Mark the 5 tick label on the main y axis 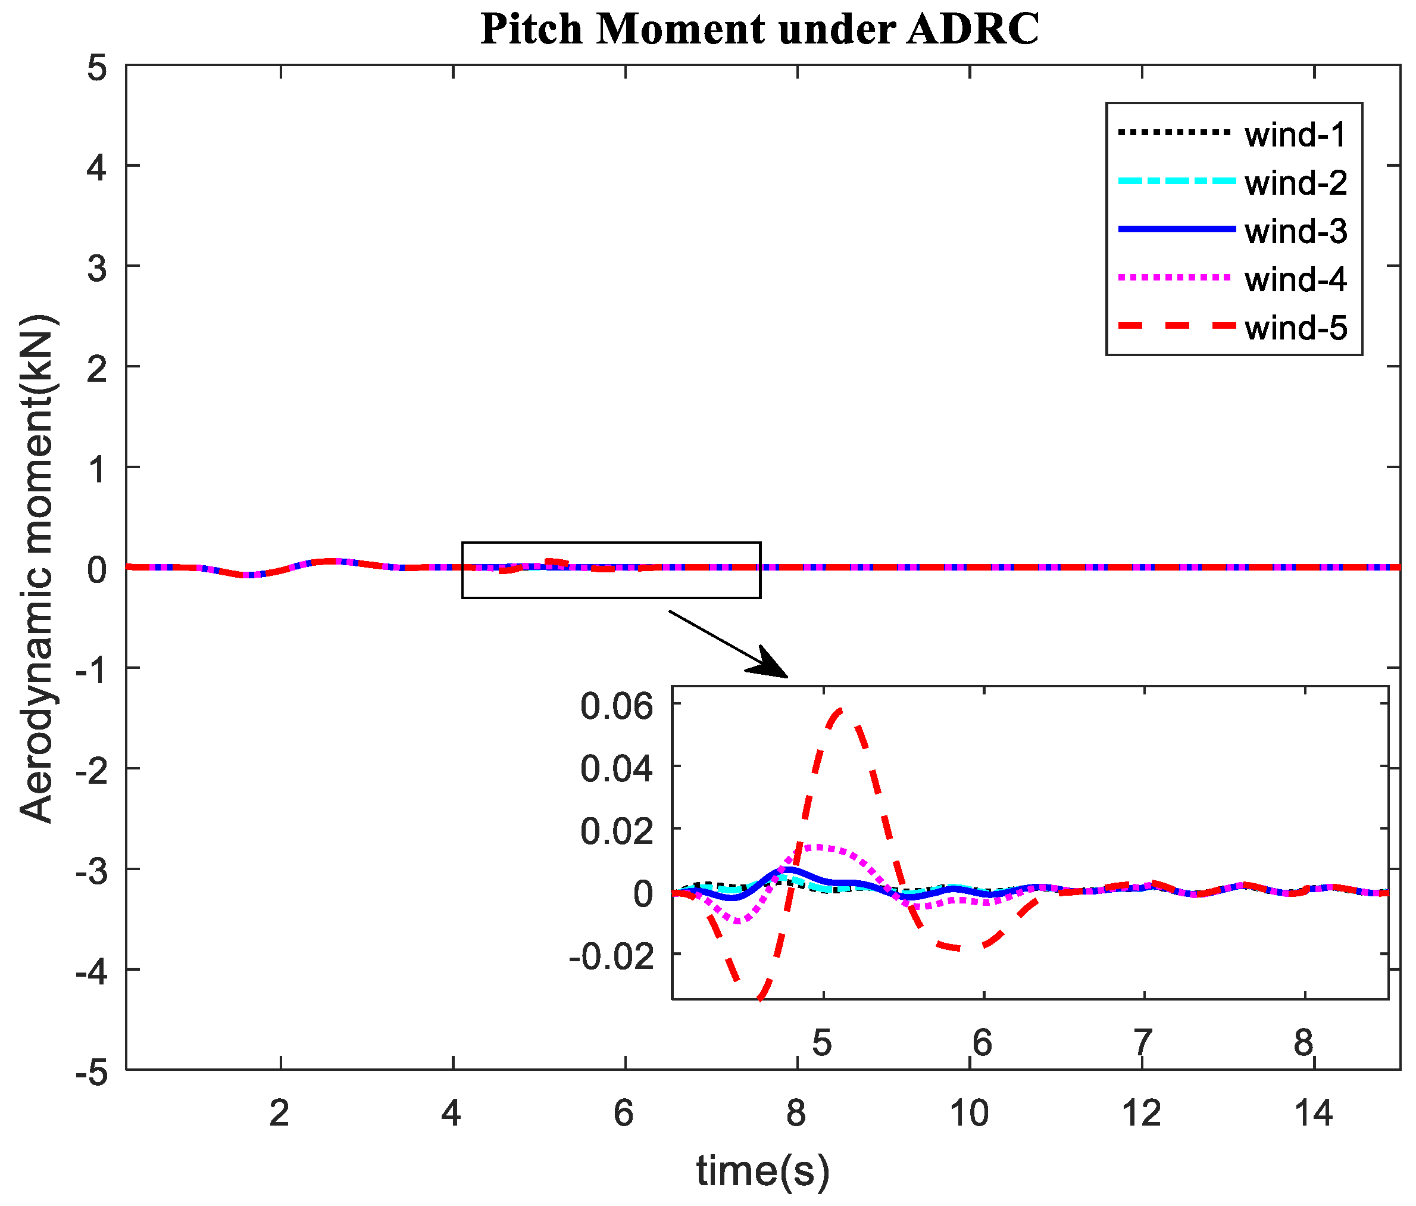point(97,69)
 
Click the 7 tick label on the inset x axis point(1143,1043)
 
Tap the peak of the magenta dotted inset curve point(818,847)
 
